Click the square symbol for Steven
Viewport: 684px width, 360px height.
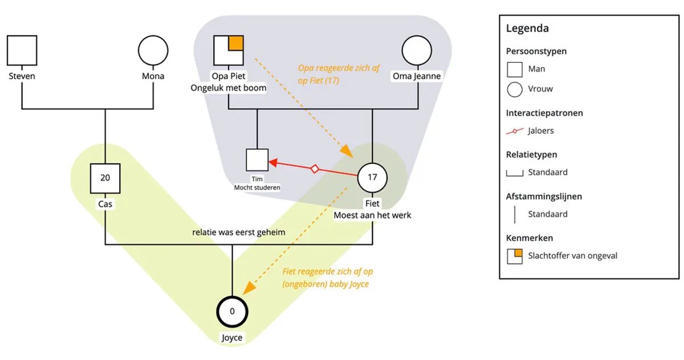[22, 50]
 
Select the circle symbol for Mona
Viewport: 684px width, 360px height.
[153, 50]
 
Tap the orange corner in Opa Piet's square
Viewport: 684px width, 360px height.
[236, 43]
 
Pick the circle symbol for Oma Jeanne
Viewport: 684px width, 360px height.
[417, 50]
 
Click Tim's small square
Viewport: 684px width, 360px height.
[257, 159]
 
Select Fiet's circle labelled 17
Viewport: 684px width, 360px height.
[372, 177]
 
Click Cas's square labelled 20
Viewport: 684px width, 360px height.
[105, 178]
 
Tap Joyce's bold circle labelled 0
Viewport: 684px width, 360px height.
[232, 312]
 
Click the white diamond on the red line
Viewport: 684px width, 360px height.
[314, 169]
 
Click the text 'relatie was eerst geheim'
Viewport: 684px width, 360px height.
[238, 232]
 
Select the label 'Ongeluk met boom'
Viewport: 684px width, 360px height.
[229, 88]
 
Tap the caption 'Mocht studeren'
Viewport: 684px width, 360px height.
[257, 187]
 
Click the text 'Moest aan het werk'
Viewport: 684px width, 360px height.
[372, 215]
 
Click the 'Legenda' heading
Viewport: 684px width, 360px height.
[527, 28]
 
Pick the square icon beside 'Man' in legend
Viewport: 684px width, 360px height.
[515, 69]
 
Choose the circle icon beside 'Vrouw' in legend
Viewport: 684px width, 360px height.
[515, 89]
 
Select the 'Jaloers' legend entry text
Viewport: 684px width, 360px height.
[541, 130]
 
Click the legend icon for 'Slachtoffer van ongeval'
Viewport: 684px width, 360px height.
[515, 256]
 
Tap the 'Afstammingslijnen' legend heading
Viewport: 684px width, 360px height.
[544, 197]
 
